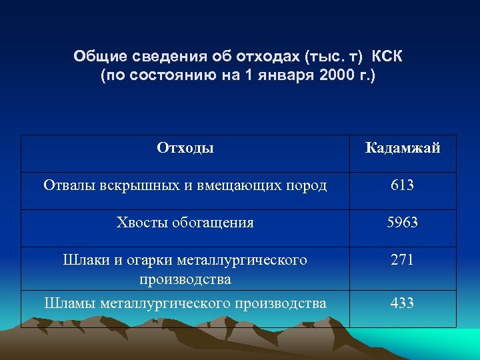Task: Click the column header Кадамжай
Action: (x=403, y=148)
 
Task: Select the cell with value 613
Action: (x=403, y=185)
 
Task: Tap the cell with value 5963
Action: (x=403, y=223)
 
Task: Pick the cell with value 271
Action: (x=403, y=260)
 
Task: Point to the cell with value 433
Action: (x=403, y=303)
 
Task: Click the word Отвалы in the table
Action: (x=66, y=185)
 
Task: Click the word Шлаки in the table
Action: (x=83, y=260)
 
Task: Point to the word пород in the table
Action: (x=308, y=185)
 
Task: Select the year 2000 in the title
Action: (x=337, y=75)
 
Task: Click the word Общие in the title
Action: (x=97, y=56)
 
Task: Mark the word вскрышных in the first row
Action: (x=127, y=185)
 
